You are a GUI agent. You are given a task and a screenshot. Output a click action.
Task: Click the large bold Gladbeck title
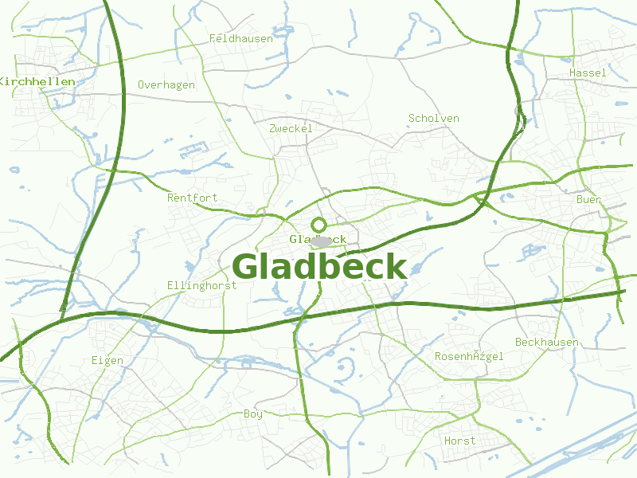click(319, 267)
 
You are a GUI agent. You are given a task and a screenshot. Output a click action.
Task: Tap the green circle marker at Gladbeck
click(319, 225)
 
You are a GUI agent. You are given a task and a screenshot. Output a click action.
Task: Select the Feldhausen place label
click(240, 38)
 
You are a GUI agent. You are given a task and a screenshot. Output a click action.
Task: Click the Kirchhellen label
click(37, 82)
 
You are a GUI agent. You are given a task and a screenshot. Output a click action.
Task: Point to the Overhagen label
click(166, 85)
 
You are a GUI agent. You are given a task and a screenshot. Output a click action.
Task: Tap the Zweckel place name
click(291, 128)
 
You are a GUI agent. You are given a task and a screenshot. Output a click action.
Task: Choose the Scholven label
click(433, 119)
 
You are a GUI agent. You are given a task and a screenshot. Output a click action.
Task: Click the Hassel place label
click(587, 73)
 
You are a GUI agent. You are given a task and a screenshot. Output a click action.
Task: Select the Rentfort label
click(192, 198)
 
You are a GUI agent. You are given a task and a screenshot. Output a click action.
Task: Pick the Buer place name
click(588, 200)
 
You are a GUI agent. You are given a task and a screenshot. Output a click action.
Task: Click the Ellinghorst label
click(201, 285)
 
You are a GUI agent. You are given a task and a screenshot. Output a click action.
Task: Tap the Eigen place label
click(107, 361)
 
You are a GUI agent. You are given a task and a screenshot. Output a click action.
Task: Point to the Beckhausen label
click(546, 343)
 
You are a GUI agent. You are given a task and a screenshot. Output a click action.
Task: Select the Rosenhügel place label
click(469, 357)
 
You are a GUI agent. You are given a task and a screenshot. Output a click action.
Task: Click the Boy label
click(252, 414)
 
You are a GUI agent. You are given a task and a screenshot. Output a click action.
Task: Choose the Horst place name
click(459, 441)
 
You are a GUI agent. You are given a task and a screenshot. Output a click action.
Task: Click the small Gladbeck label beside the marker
click(318, 239)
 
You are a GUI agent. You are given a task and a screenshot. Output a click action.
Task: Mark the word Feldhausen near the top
click(240, 38)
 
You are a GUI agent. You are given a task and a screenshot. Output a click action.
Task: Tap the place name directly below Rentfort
click(201, 285)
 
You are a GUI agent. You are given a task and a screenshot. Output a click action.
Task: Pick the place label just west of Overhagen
click(37, 82)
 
